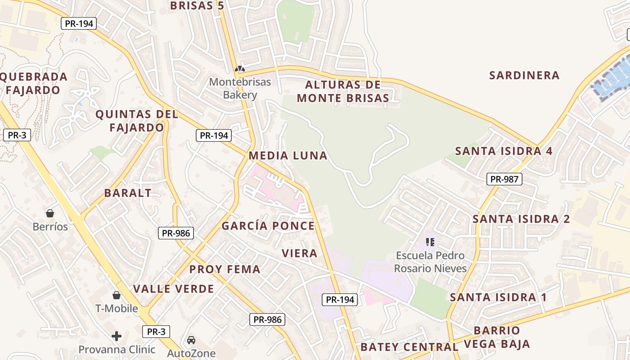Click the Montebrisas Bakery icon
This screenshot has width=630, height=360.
240,69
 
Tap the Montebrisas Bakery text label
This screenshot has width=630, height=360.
240,89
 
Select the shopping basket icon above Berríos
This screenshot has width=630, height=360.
50,213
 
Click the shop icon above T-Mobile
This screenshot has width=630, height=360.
117,295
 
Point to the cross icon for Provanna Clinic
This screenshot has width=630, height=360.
117,336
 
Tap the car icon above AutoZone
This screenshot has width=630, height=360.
191,340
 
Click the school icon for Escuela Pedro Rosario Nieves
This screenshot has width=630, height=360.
430,242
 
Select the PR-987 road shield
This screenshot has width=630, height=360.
504,179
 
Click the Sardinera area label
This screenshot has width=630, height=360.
524,75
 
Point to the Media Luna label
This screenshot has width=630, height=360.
288,156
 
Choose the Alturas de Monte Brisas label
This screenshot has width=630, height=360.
343,91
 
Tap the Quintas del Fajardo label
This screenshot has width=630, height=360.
137,121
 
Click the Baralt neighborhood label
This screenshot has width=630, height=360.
128,193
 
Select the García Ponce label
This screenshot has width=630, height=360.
268,226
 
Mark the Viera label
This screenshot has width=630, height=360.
300,253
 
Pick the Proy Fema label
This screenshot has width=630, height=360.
225,270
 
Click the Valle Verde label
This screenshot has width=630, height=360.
174,289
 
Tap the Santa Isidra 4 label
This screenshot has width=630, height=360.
504,151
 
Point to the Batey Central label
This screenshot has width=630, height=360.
409,347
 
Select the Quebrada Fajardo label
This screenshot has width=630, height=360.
33,83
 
